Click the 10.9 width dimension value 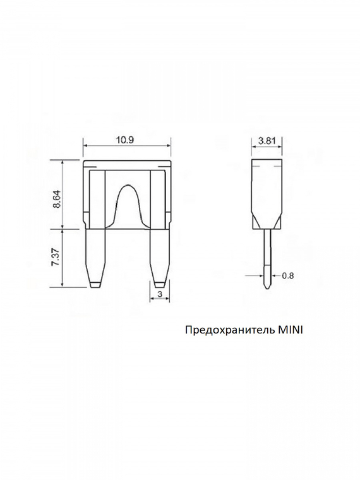[126, 140]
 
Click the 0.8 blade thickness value [287, 275]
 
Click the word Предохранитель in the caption [230, 330]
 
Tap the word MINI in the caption [291, 330]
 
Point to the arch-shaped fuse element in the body [128, 205]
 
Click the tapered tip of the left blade [95, 279]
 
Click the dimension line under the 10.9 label [126, 147]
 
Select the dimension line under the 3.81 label [267, 147]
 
